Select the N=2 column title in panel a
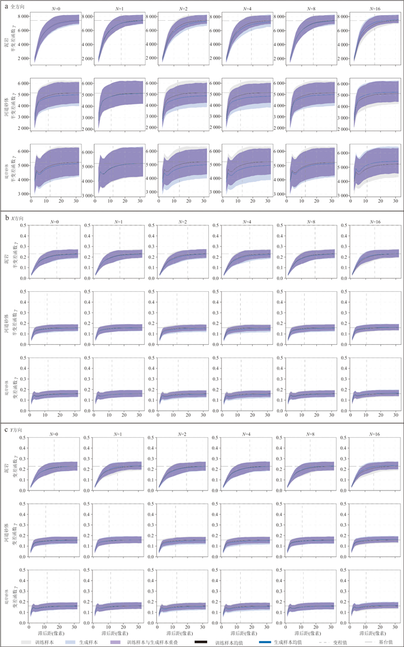coord(182,9)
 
